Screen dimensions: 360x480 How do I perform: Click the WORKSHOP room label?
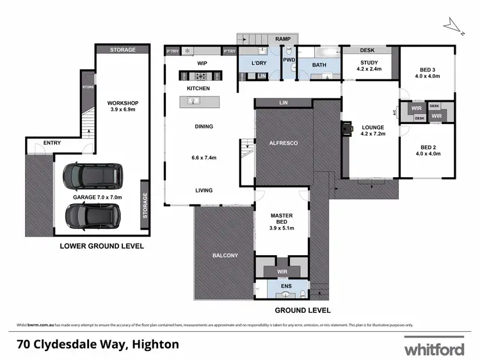123,104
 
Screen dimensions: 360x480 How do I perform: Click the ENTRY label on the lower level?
52,143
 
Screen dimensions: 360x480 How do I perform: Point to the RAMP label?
283,40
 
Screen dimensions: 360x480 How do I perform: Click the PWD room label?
289,60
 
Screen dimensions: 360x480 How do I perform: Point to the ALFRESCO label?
284,143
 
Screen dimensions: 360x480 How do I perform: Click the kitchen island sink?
193,100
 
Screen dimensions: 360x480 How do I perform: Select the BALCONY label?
225,256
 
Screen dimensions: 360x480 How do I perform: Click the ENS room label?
282,286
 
